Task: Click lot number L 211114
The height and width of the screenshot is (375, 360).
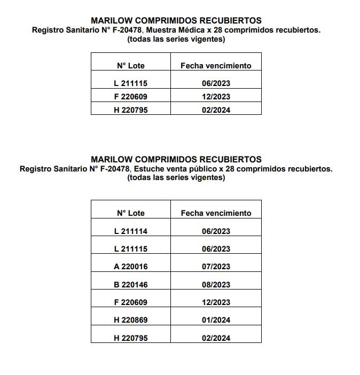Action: (130, 231)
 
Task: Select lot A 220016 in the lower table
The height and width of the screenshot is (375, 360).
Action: (130, 267)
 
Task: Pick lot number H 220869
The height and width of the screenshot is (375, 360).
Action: (130, 320)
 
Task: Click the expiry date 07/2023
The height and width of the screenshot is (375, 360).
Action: (216, 267)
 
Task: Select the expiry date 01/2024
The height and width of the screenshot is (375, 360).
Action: (216, 320)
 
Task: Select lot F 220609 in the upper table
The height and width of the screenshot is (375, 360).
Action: (130, 97)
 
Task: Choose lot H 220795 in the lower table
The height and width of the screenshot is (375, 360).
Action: (130, 338)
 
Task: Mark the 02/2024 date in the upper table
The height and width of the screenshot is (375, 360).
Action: (216, 110)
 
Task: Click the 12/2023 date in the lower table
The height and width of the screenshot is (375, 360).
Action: (216, 302)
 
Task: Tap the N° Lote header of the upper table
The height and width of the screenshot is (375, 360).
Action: (130, 66)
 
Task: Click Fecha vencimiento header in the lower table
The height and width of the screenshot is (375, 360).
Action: (216, 213)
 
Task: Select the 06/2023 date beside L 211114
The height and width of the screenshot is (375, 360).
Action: (216, 231)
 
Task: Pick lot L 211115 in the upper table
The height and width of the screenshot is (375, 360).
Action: (130, 83)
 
